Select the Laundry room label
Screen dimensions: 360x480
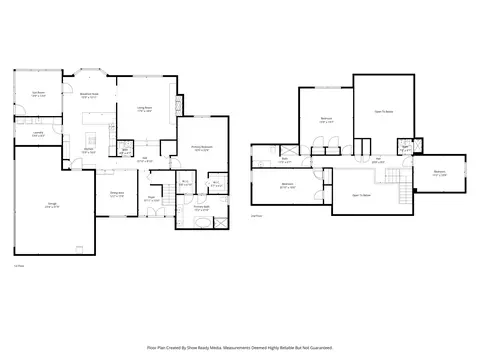[37, 133]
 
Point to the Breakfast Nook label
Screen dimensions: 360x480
[87, 95]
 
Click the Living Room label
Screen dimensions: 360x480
[144, 108]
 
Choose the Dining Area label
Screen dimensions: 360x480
[116, 195]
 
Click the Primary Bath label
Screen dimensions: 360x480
[201, 209]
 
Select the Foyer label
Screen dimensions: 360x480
[151, 198]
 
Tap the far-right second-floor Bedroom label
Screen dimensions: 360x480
[439, 172]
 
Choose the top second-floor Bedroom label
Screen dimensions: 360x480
[326, 118]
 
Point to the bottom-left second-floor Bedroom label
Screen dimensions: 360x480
[287, 184]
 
